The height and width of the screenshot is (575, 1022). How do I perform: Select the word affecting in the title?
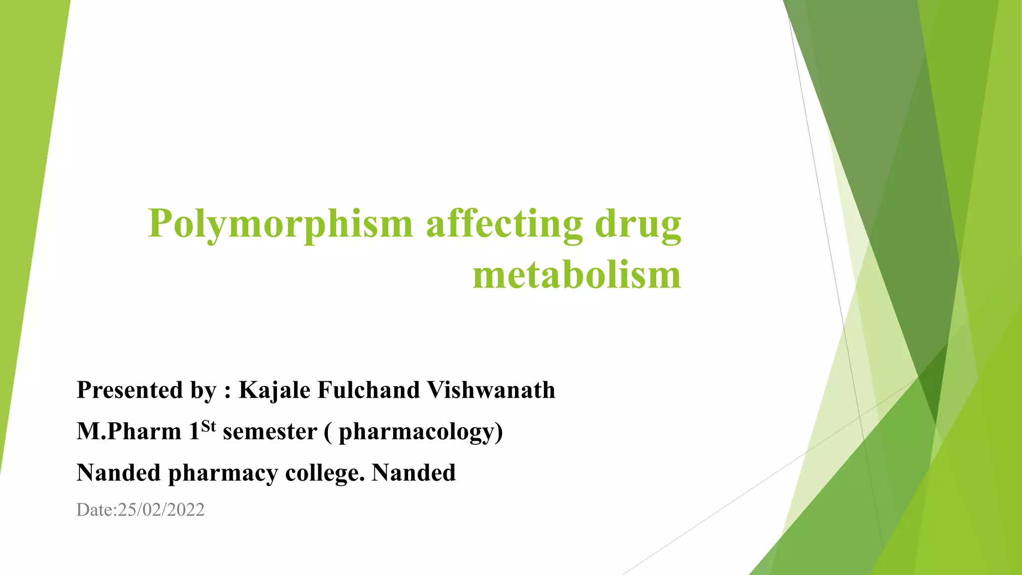coord(504,224)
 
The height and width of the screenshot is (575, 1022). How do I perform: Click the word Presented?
coord(130,390)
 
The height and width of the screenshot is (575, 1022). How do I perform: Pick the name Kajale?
coord(274,390)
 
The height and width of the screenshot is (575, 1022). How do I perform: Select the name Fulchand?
coord(368,390)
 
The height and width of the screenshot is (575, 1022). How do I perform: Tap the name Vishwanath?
coord(491,390)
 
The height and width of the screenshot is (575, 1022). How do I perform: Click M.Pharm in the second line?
coord(129,431)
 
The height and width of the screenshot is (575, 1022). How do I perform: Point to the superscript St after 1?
coord(209,426)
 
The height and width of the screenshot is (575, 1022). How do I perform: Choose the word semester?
coord(270,431)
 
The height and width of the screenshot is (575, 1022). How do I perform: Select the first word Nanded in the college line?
coord(118,473)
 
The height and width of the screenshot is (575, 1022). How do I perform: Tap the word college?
coord(324,473)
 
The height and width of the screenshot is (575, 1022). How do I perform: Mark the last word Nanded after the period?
coord(414,473)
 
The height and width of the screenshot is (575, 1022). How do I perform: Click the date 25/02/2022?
coord(161,510)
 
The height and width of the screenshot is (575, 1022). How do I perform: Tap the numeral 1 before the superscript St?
coord(194,431)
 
